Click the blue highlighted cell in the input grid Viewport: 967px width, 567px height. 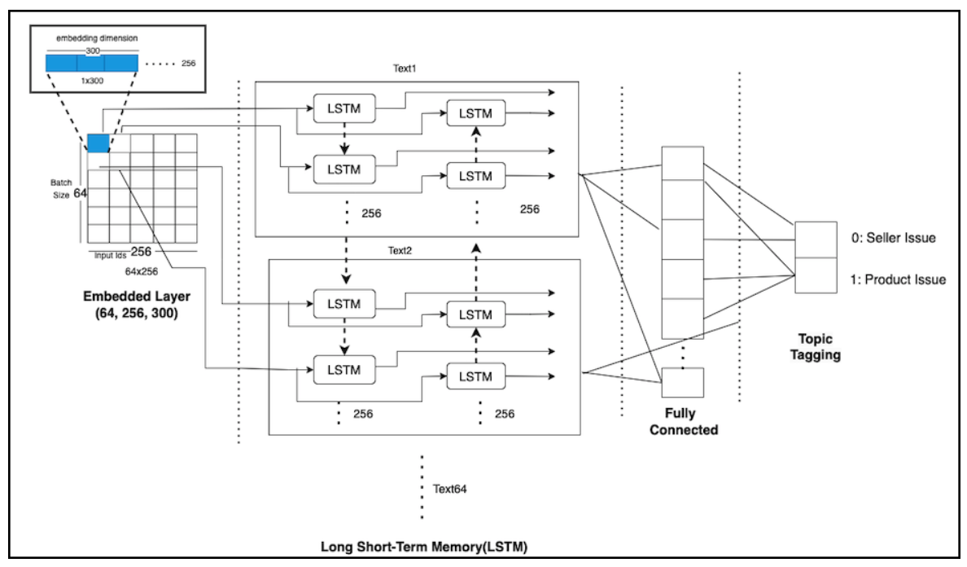[x=98, y=143]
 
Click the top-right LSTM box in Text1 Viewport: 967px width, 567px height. [x=476, y=112]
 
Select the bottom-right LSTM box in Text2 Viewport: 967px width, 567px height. [x=476, y=375]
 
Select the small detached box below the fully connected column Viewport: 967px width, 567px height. [x=682, y=381]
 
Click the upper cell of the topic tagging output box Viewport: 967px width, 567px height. [x=816, y=239]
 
